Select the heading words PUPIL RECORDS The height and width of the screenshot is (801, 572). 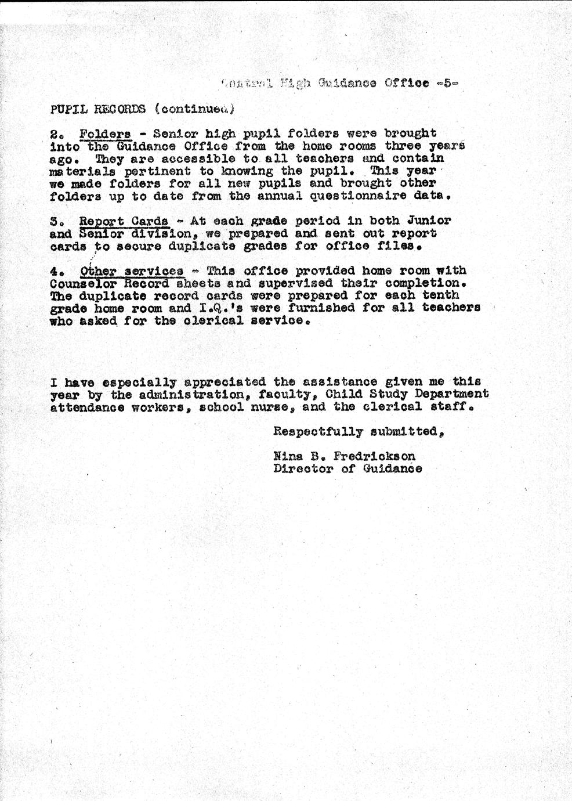97,109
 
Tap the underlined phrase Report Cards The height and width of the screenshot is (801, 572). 124,221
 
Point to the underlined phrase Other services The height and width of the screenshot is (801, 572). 132,271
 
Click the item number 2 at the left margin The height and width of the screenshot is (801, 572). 55,134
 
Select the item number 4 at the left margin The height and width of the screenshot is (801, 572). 55,271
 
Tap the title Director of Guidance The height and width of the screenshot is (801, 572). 347,469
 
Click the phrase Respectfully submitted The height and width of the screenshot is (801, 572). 359,431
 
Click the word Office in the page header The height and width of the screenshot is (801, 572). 407,83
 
